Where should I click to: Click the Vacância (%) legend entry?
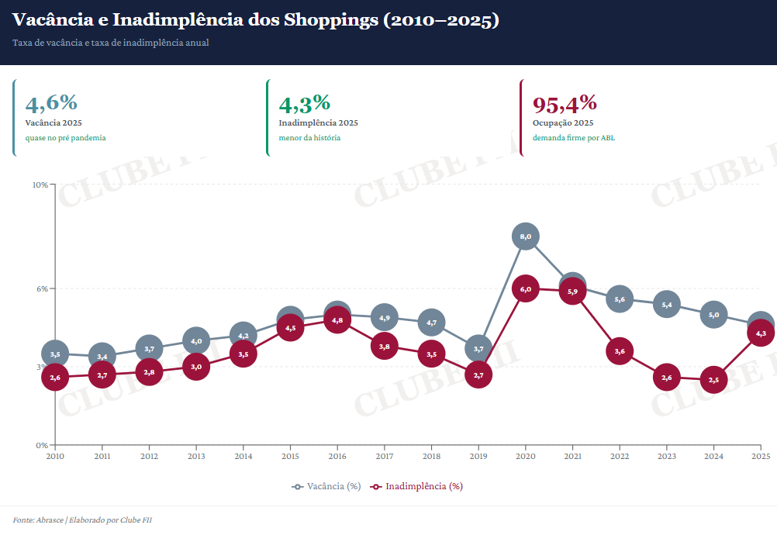point(326,486)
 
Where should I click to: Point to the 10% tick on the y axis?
point(40,185)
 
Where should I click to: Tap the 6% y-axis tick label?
point(42,288)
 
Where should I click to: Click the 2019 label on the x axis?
point(478,457)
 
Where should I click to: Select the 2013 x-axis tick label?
point(196,457)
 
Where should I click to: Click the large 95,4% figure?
point(565,102)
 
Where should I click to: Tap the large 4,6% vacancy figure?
point(51,102)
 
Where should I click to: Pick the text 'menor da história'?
point(309,138)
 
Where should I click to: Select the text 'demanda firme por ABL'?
point(573,138)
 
